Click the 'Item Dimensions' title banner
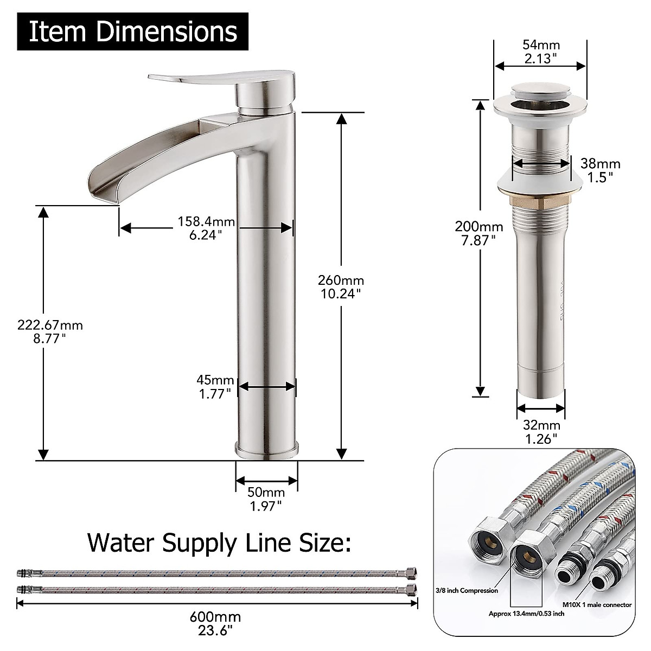(x=133, y=31)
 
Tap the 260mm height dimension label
(x=341, y=287)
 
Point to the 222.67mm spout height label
(x=49, y=331)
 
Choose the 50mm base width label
(x=266, y=499)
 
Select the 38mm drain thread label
(x=600, y=170)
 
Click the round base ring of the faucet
(x=266, y=450)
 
